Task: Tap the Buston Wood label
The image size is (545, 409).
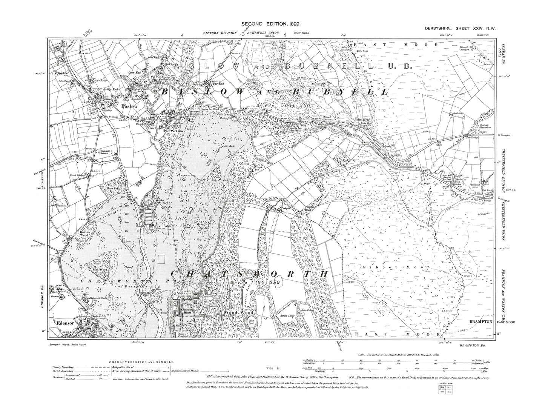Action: point(84,233)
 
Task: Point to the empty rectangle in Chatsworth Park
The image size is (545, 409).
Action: point(162,260)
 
